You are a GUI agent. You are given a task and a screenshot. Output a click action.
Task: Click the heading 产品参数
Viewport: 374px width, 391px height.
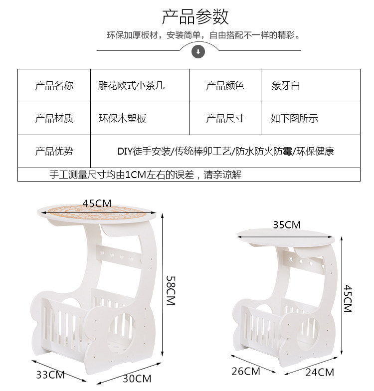pos(195,17)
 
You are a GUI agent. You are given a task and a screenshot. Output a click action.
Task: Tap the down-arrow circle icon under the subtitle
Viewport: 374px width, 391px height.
pos(198,51)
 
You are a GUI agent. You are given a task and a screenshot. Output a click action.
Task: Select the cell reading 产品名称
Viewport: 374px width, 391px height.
pos(54,86)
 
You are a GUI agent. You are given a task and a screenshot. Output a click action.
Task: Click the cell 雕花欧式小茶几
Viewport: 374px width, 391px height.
pos(131,86)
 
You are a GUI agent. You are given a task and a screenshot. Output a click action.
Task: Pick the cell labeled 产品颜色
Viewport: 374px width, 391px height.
pos(225,86)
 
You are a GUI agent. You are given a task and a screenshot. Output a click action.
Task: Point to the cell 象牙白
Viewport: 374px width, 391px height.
pos(286,86)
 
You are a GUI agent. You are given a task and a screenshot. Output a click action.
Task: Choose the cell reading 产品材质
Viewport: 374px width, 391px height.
pos(54,118)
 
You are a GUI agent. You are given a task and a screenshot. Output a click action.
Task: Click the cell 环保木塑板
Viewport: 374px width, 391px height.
pos(123,119)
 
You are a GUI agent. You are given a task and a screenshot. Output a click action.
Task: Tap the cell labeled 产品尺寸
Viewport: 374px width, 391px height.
pos(225,118)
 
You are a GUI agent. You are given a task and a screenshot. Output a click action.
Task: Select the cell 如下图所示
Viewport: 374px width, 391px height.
pos(294,119)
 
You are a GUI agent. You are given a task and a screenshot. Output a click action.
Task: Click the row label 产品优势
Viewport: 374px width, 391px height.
pos(54,151)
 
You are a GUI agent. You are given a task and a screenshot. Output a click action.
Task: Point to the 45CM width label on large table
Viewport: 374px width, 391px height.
pos(97,203)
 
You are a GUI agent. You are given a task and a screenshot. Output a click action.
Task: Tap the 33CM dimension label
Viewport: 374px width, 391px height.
pos(50,374)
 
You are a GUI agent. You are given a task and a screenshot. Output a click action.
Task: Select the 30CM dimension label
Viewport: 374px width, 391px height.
pos(137,379)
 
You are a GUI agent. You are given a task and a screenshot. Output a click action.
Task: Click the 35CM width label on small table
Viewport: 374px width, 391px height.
pos(286,225)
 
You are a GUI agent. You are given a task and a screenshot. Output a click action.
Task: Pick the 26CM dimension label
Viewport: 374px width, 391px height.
pos(246,371)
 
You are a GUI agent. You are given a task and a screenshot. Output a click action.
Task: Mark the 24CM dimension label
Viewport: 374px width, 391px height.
pos(320,372)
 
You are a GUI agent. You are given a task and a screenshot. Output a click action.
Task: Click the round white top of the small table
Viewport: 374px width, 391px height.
pos(286,237)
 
